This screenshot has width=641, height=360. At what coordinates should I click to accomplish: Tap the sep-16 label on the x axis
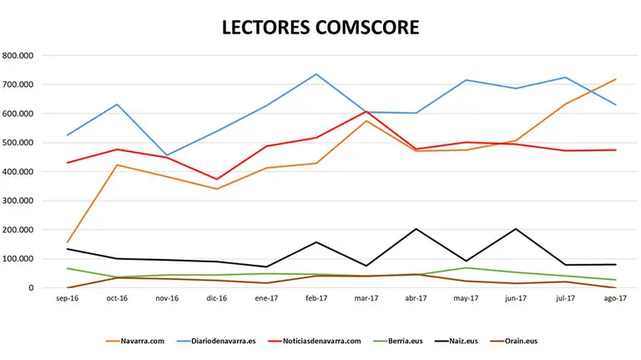pyautogui.click(x=67, y=298)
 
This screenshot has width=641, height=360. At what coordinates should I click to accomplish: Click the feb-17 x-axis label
pyautogui.click(x=316, y=298)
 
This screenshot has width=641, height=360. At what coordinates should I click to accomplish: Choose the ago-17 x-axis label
pyautogui.click(x=616, y=298)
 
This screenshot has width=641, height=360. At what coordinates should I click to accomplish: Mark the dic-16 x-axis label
pyautogui.click(x=217, y=298)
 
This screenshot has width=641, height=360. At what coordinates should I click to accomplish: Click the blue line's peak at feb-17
pyautogui.click(x=316, y=74)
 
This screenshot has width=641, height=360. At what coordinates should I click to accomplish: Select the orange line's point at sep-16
pyautogui.click(x=67, y=242)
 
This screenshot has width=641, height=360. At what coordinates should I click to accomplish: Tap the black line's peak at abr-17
pyautogui.click(x=416, y=229)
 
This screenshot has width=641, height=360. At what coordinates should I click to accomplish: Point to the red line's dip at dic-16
pyautogui.click(x=217, y=180)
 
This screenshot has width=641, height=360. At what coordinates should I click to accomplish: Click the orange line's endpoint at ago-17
pyautogui.click(x=616, y=79)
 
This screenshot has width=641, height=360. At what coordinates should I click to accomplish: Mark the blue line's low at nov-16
pyautogui.click(x=167, y=155)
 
